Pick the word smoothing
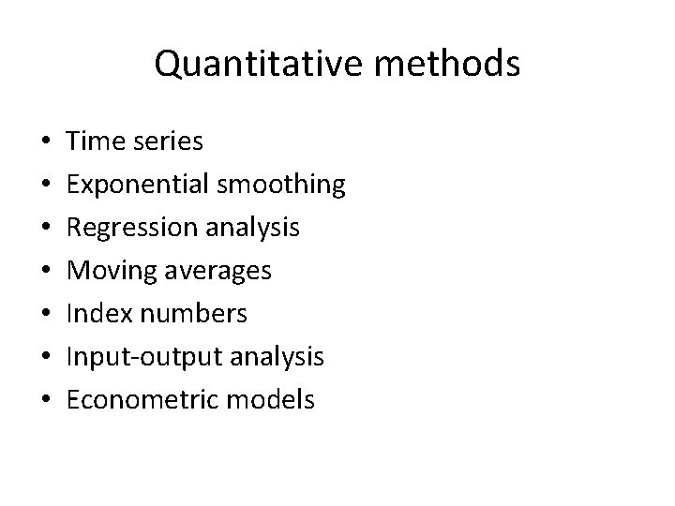click(282, 185)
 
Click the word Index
click(97, 314)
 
